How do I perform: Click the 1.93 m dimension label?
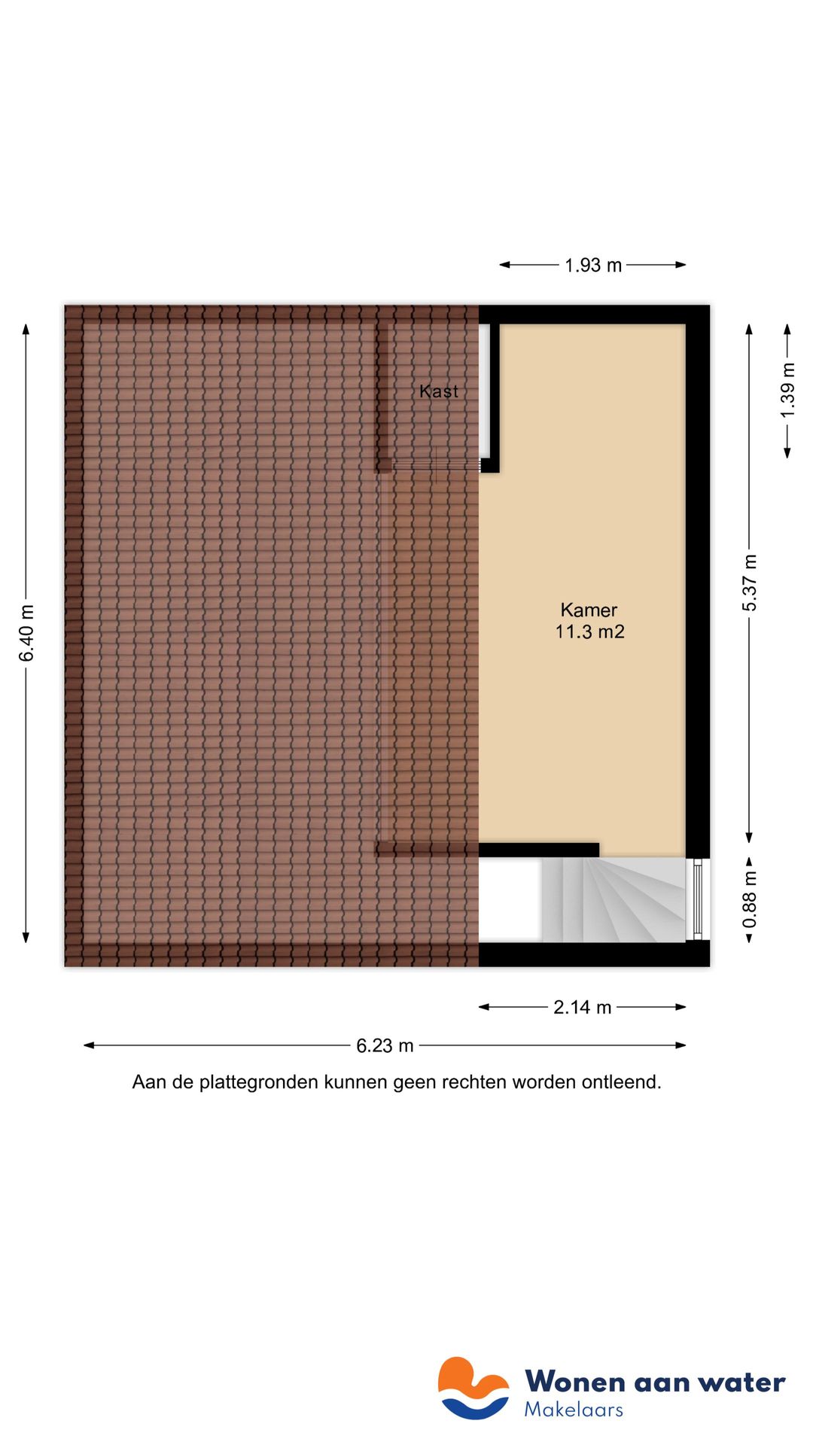click(593, 266)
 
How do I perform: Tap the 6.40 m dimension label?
click(27, 633)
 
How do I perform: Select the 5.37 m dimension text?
click(750, 583)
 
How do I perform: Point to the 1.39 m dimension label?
click(787, 391)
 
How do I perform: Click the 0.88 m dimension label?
click(750, 900)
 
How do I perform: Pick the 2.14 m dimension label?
click(582, 1008)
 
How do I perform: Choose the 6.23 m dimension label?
click(385, 1046)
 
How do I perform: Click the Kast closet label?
click(439, 391)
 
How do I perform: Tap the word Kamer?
click(589, 610)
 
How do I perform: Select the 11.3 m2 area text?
click(590, 632)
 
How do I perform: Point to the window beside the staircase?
click(697, 899)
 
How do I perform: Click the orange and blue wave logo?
click(473, 1389)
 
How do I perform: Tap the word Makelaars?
click(574, 1410)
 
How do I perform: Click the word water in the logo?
click(741, 1383)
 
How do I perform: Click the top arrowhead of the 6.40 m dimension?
click(26, 328)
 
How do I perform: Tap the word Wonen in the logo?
click(575, 1383)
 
